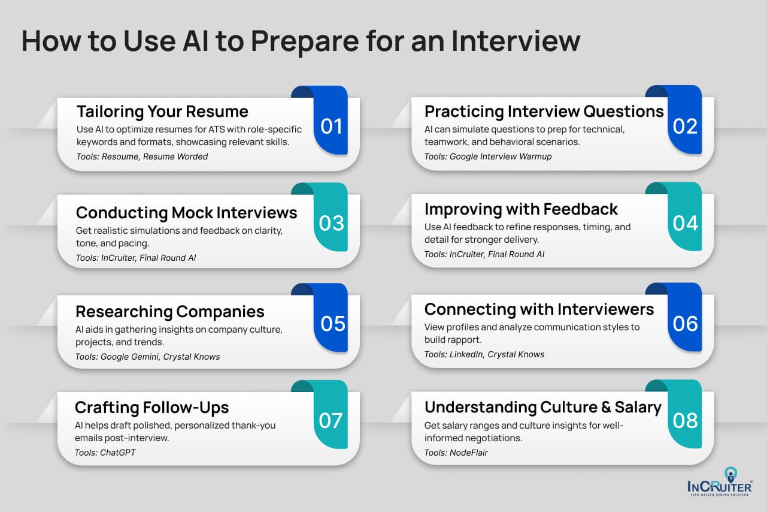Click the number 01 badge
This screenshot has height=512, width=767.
(331, 127)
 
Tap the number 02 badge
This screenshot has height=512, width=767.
(686, 127)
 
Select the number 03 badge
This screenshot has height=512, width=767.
(331, 223)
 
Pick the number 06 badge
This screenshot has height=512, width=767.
(686, 324)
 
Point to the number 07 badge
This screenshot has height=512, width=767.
(331, 421)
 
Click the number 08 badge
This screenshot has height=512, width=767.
(686, 421)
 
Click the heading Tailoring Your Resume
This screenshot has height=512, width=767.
(162, 112)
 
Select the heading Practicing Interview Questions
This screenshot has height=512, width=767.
(544, 112)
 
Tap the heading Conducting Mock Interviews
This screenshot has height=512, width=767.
(186, 213)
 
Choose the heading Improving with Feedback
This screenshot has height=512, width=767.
(521, 209)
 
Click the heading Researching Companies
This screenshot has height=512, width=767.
(169, 312)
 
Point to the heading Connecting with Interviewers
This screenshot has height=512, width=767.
(539, 309)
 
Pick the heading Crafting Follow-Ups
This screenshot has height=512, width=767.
(151, 408)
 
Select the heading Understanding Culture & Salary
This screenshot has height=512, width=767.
(542, 408)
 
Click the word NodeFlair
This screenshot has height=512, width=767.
(469, 453)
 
